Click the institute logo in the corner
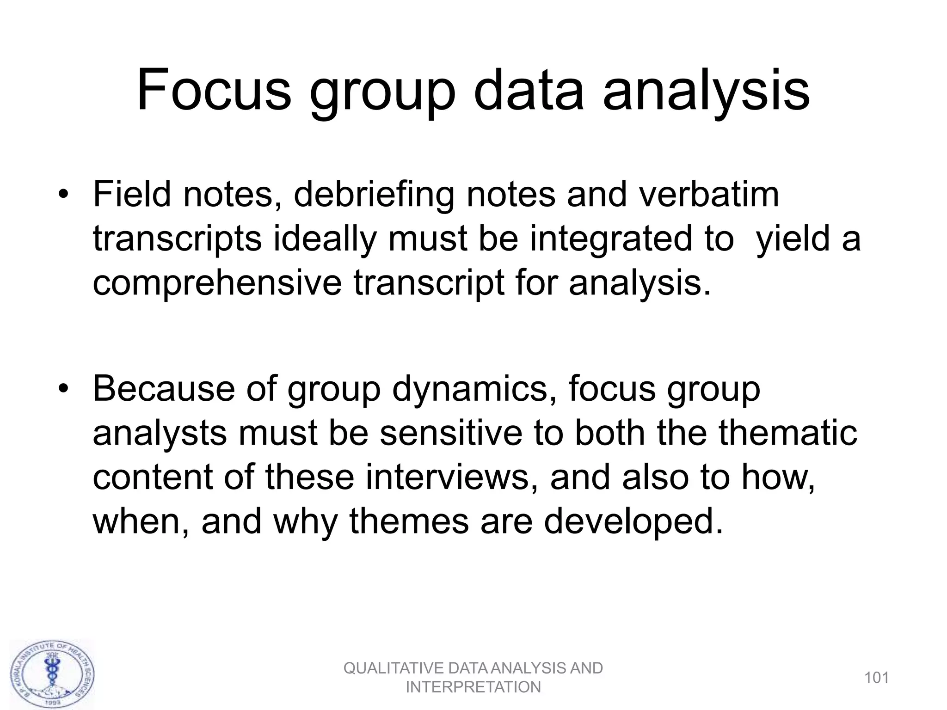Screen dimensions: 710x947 (52, 673)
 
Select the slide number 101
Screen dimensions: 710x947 (876, 678)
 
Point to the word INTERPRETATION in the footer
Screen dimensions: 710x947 (473, 687)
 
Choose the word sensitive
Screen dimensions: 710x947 (451, 433)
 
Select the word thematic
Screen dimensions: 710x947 (788, 433)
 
